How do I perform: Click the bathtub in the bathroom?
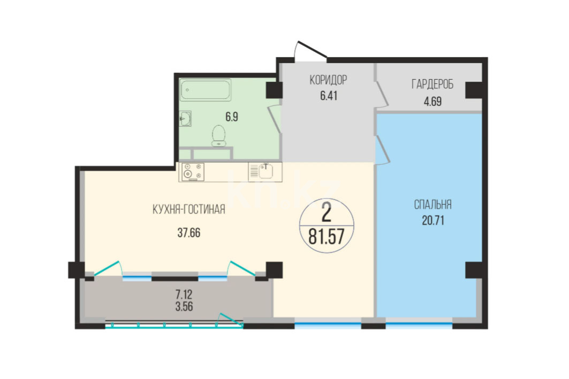click(206, 89)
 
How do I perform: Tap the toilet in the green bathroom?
click(218, 136)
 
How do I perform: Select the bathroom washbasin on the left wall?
click(185, 119)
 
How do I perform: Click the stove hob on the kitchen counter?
click(193, 172)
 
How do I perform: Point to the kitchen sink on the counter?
click(265, 172)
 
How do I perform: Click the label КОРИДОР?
click(328, 80)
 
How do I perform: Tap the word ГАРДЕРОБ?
click(433, 84)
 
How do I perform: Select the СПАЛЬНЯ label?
click(433, 205)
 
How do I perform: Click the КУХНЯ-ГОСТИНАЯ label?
click(189, 210)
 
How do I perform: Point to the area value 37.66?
click(189, 233)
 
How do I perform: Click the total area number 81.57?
click(327, 237)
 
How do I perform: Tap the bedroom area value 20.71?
click(433, 220)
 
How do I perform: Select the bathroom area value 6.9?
click(232, 117)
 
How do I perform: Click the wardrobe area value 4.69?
click(433, 102)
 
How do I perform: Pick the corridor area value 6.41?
click(329, 96)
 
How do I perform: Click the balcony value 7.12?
click(184, 294)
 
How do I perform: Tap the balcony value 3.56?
click(184, 306)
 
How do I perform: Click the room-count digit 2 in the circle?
click(327, 212)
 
